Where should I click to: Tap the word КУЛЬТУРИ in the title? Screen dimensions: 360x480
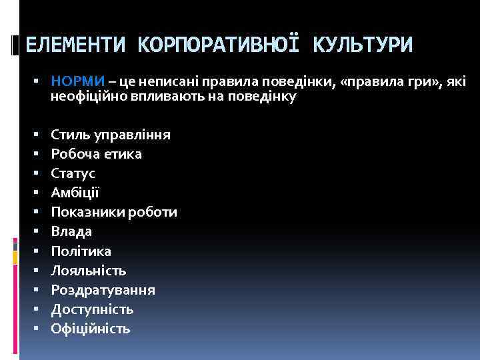[363, 45]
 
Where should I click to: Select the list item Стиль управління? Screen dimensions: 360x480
[111, 135]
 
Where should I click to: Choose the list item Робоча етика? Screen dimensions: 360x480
[96, 154]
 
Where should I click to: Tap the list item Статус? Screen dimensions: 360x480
[73, 173]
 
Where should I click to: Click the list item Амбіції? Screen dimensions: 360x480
[75, 193]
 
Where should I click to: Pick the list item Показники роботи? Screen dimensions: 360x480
[114, 212]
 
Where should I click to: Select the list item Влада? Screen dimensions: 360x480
[72, 231]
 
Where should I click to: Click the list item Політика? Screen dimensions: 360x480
[81, 251]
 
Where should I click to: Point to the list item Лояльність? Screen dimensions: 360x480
[89, 271]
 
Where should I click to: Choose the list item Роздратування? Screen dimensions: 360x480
[103, 290]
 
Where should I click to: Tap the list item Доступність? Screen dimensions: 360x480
[92, 309]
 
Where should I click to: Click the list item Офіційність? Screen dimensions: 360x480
[91, 329]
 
